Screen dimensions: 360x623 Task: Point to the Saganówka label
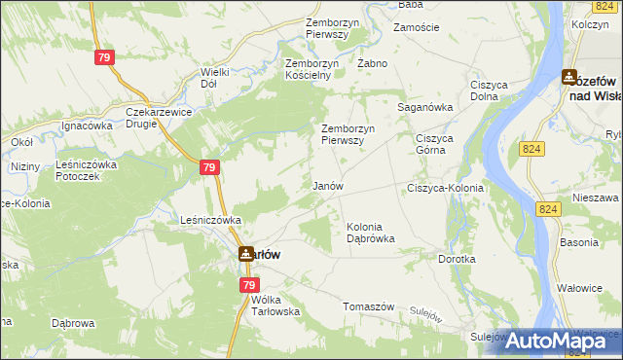425,108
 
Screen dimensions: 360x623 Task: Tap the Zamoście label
416,28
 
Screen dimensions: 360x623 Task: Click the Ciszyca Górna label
435,143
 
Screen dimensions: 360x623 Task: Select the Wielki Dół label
214,77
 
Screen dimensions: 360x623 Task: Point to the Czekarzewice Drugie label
160,118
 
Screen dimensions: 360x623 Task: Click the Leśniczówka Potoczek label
87,171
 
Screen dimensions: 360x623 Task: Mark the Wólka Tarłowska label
267,306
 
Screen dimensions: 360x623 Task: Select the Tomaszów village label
368,306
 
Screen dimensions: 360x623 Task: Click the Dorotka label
457,260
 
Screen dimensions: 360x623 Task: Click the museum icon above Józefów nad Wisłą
570,77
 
